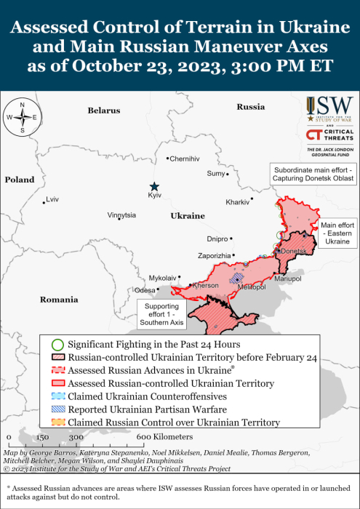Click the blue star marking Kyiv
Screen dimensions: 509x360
click(x=153, y=186)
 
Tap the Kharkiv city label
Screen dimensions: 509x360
click(x=238, y=201)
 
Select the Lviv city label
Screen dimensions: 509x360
click(x=52, y=199)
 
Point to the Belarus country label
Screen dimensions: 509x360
click(x=103, y=111)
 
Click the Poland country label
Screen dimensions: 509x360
click(x=20, y=179)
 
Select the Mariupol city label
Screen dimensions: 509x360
click(x=287, y=278)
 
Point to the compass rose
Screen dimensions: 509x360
click(x=23, y=116)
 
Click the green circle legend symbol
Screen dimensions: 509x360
click(x=58, y=343)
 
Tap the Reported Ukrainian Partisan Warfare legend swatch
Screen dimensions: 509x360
click(x=58, y=409)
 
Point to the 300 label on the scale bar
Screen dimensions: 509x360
click(x=76, y=437)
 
